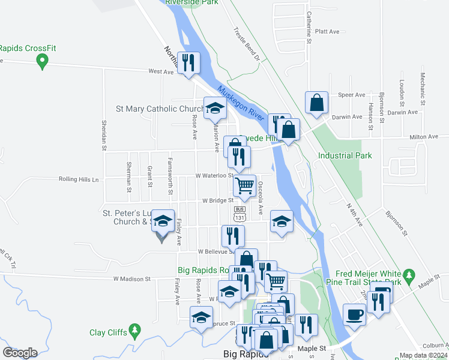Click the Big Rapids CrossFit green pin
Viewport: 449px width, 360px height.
click(x=42, y=61)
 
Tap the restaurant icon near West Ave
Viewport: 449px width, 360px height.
click(x=189, y=62)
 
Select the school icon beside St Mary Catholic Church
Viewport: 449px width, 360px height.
click(x=214, y=108)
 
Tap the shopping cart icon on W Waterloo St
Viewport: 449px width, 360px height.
click(x=244, y=186)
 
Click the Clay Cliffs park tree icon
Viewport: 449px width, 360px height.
click(x=135, y=330)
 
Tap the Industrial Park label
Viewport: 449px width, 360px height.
click(x=345, y=155)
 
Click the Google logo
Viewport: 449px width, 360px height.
click(x=20, y=352)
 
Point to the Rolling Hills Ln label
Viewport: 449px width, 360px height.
click(x=78, y=179)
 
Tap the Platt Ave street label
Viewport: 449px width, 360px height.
click(x=327, y=31)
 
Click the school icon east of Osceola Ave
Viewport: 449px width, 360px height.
click(x=282, y=220)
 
